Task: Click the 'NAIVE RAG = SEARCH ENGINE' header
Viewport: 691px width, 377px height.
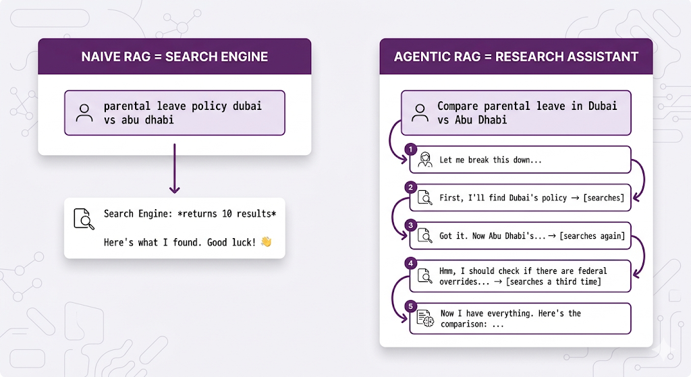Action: click(x=174, y=57)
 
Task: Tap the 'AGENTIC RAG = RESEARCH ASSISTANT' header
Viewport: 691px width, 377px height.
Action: click(x=516, y=57)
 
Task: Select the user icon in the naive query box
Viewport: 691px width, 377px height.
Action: click(x=85, y=113)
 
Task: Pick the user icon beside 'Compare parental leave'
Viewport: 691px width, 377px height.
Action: click(x=420, y=113)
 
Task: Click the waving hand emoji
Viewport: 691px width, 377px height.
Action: click(x=266, y=241)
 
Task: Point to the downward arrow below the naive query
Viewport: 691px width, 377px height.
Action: click(x=174, y=169)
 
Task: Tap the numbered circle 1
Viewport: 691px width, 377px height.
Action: click(x=408, y=149)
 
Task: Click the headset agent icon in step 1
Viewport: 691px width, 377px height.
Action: click(x=424, y=161)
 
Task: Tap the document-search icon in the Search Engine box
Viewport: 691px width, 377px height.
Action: click(x=84, y=220)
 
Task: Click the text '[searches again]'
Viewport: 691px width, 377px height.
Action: click(x=592, y=236)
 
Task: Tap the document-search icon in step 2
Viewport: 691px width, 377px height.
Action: click(x=424, y=198)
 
